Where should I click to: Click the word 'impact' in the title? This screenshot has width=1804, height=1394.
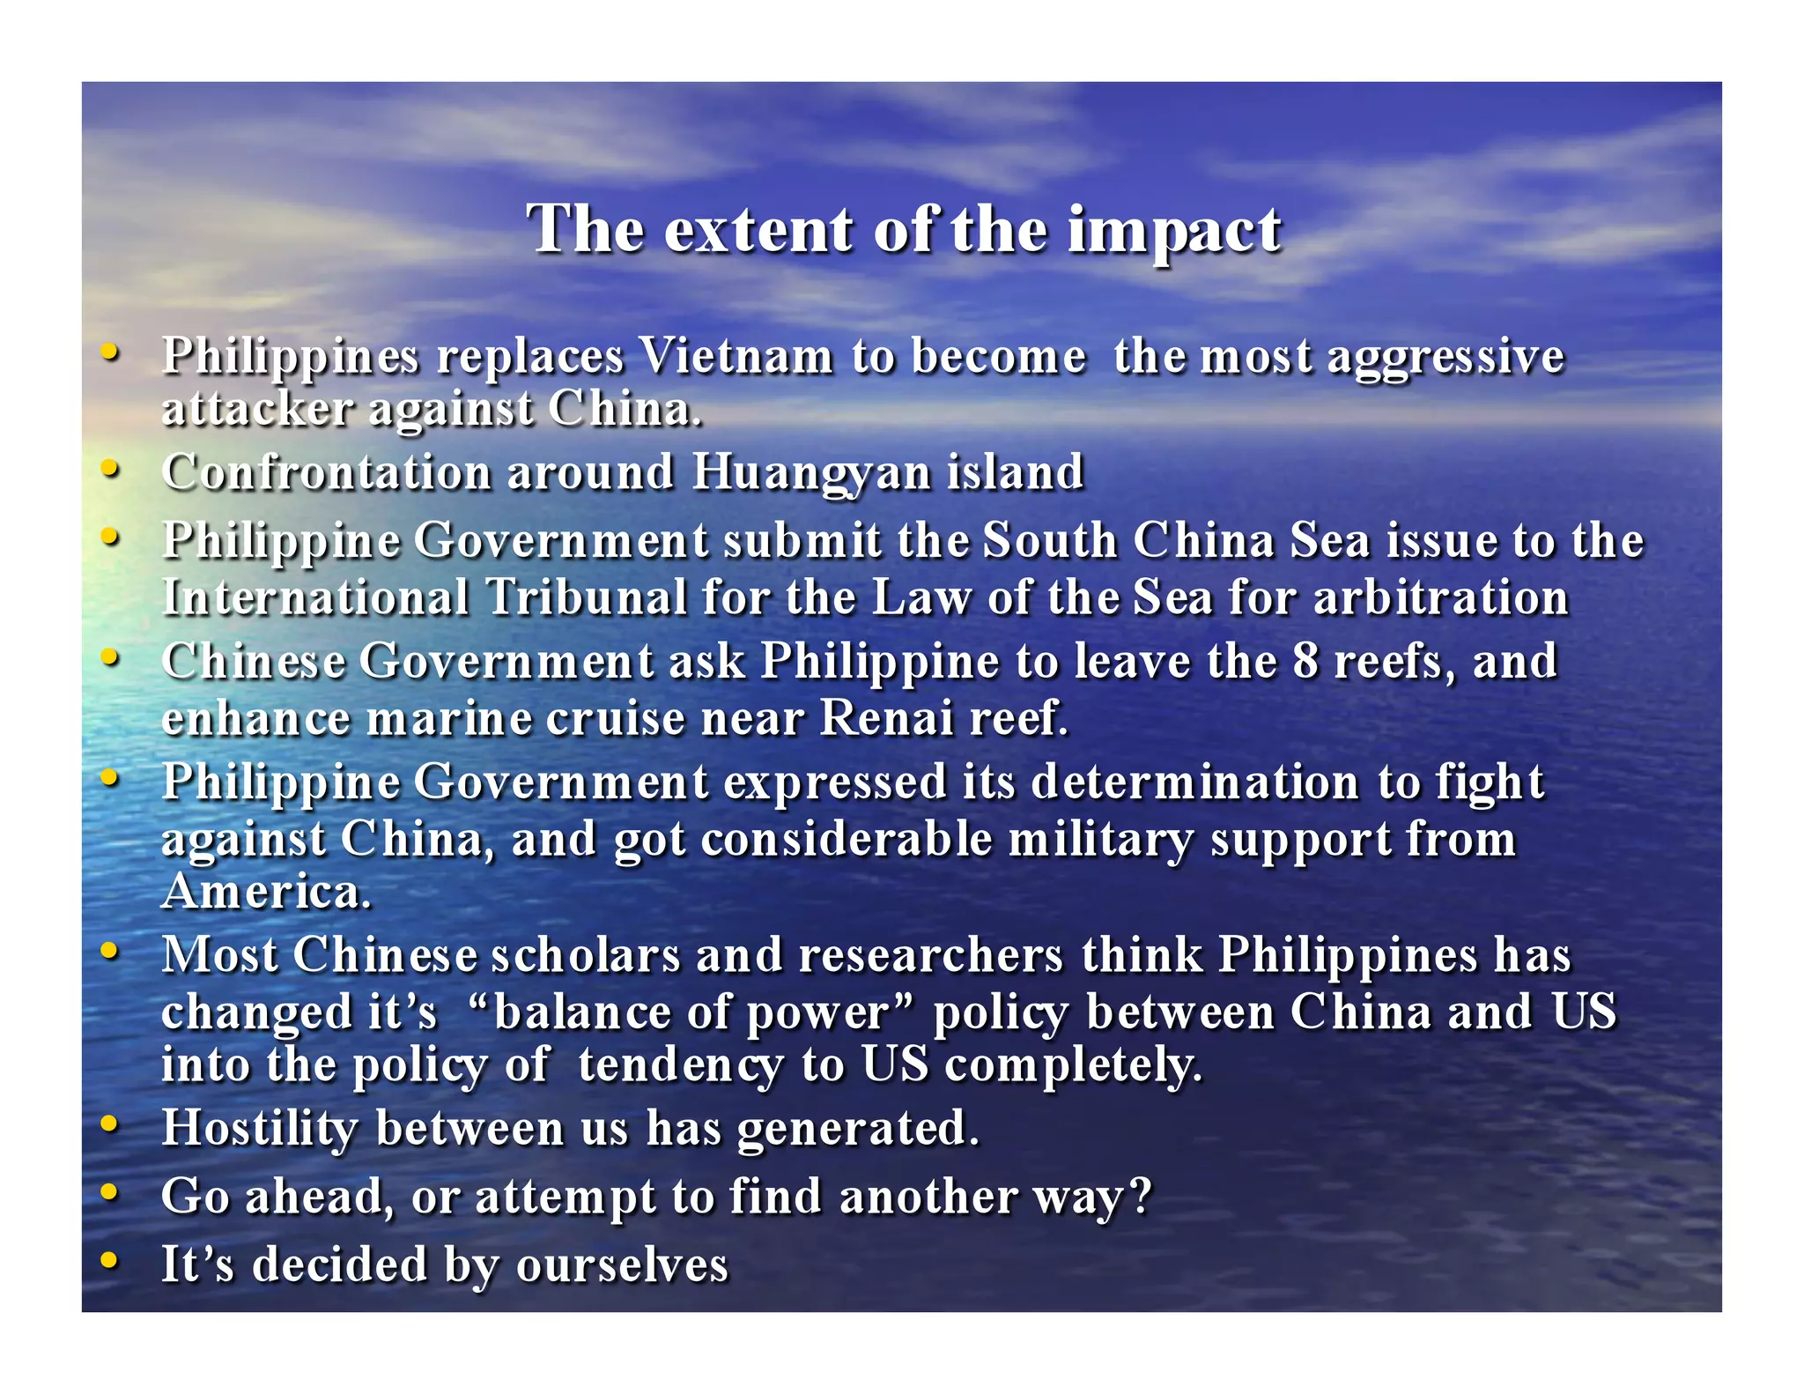click(x=1174, y=231)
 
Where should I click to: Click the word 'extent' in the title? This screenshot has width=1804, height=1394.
click(x=758, y=231)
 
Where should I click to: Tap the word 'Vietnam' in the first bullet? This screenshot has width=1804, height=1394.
click(x=736, y=357)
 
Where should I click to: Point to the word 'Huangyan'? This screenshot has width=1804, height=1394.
click(x=810, y=473)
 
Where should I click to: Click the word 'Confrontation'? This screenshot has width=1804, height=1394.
click(x=327, y=472)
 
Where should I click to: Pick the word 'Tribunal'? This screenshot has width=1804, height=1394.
click(x=587, y=597)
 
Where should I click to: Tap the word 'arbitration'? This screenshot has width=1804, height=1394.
click(x=1441, y=597)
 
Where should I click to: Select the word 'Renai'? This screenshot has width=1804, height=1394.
click(x=886, y=718)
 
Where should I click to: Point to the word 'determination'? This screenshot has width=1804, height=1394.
click(x=1195, y=782)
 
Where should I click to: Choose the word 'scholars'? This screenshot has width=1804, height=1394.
click(x=586, y=955)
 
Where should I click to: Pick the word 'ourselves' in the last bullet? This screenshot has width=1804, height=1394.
click(x=622, y=1265)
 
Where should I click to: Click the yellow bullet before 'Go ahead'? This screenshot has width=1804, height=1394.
click(x=109, y=1192)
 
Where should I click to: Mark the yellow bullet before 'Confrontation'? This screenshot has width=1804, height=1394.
click(x=109, y=468)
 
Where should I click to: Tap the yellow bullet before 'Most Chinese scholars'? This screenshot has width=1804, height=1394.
click(x=109, y=951)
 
